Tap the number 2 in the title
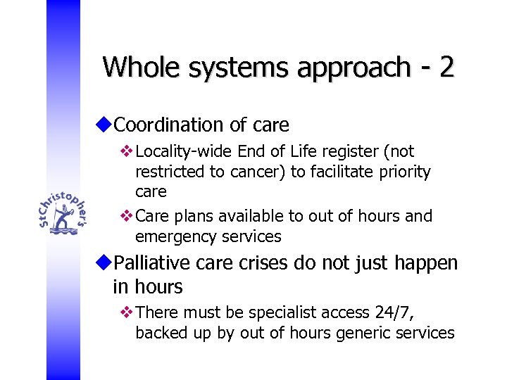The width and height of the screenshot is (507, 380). [x=446, y=68]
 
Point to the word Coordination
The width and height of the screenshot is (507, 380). [x=168, y=125]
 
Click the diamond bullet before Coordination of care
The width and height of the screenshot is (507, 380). [x=105, y=125]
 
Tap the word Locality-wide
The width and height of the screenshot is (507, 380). [x=184, y=151]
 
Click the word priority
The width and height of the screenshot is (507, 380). [x=403, y=172]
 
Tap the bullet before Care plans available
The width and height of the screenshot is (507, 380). [x=127, y=216]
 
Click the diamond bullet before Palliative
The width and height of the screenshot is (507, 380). [x=105, y=264]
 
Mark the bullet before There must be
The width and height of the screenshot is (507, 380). [x=127, y=312]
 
